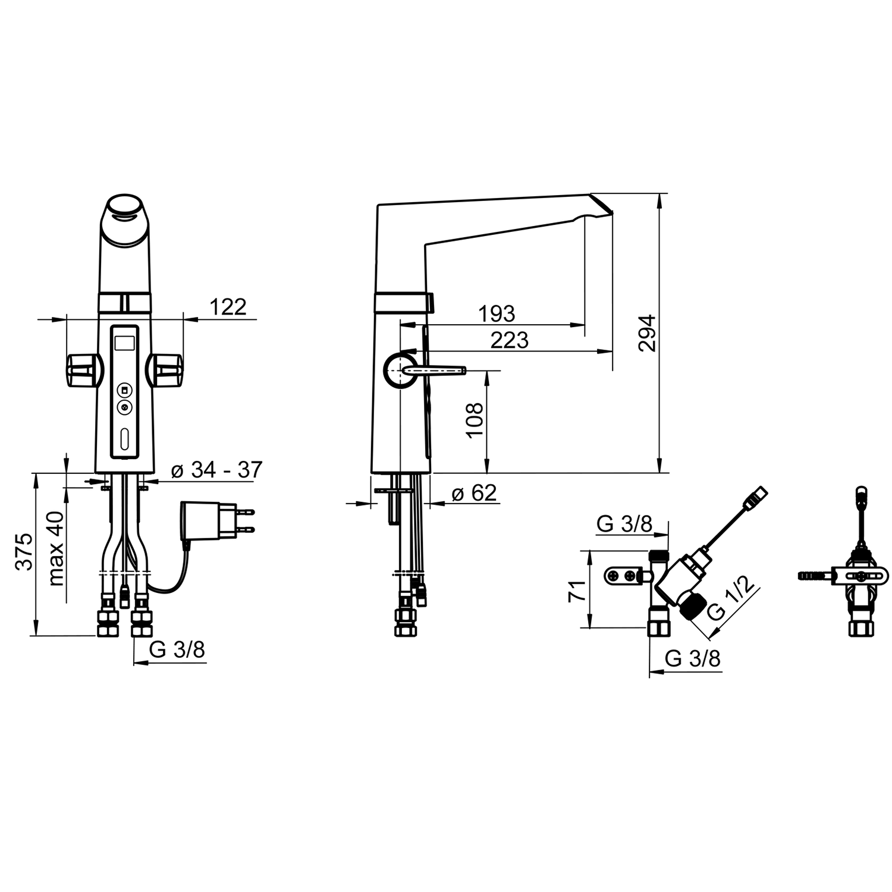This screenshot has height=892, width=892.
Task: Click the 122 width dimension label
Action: (x=228, y=307)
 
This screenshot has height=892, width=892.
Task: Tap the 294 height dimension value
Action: (x=647, y=333)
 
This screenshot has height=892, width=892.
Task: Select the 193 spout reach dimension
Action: (x=497, y=313)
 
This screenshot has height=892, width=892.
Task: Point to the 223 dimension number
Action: (x=510, y=340)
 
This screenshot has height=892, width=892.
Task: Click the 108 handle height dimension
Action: (x=475, y=420)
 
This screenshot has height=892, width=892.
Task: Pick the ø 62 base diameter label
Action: (x=474, y=493)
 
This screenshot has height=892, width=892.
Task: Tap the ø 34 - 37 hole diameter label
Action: (x=216, y=470)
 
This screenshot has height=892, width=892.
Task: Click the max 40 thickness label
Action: (x=56, y=548)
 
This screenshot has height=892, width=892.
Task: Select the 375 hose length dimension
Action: (x=24, y=552)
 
